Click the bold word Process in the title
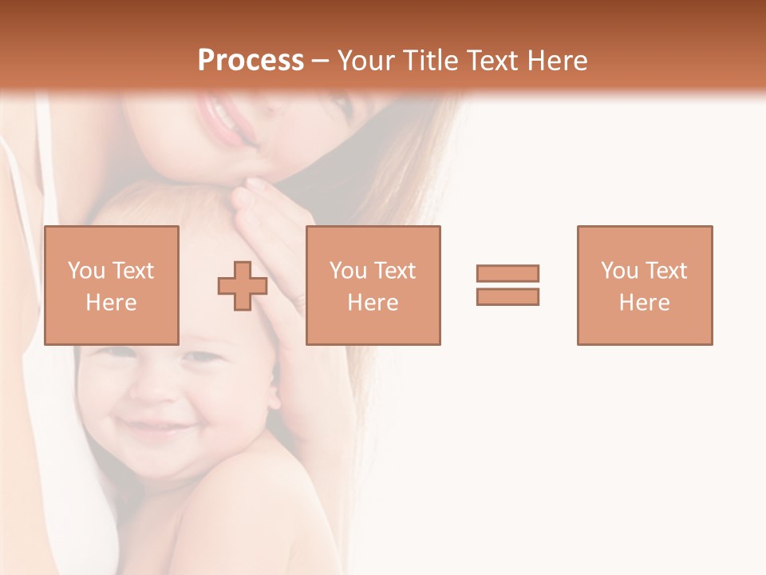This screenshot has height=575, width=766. [251, 60]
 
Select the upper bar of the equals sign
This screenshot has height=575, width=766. [507, 273]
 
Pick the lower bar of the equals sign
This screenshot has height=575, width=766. [507, 297]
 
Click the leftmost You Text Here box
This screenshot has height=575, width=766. [111, 285]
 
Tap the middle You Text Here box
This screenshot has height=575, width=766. [373, 285]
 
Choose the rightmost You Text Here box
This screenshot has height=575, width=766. [644, 285]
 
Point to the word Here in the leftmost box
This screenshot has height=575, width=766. [111, 303]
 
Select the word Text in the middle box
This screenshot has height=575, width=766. [396, 271]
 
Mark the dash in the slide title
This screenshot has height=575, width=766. [321, 60]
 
